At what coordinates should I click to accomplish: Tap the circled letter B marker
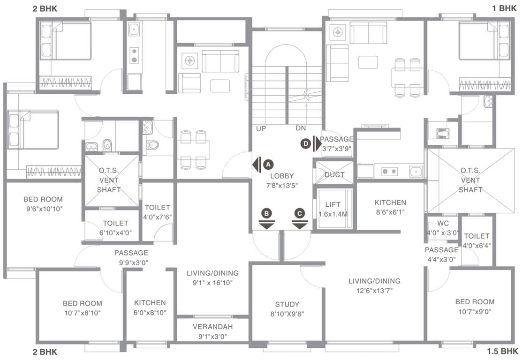click(267, 213)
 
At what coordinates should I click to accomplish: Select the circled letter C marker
click(299, 213)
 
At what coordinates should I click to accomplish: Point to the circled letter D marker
click(306, 144)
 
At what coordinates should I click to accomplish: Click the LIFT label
click(333, 204)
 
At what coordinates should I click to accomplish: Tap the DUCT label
click(334, 175)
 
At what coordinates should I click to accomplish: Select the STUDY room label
click(287, 304)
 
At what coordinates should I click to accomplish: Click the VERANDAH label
click(212, 326)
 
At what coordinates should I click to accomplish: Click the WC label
click(443, 223)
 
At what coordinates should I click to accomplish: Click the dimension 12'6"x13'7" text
click(374, 290)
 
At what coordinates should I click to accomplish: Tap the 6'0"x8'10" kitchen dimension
click(150, 312)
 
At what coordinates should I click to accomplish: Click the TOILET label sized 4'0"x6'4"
click(476, 236)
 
